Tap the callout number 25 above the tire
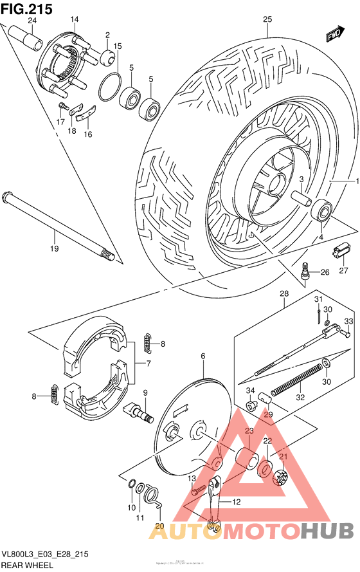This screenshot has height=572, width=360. click(268, 19)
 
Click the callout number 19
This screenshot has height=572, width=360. click(54, 248)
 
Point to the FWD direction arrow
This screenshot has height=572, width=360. click(334, 34)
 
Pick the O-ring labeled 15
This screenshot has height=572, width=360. click(111, 83)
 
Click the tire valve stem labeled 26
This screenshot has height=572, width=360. click(306, 272)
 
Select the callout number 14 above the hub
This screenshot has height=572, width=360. click(75, 19)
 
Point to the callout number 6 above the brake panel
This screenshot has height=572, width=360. click(203, 356)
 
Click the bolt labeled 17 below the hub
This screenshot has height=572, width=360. click(62, 106)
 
